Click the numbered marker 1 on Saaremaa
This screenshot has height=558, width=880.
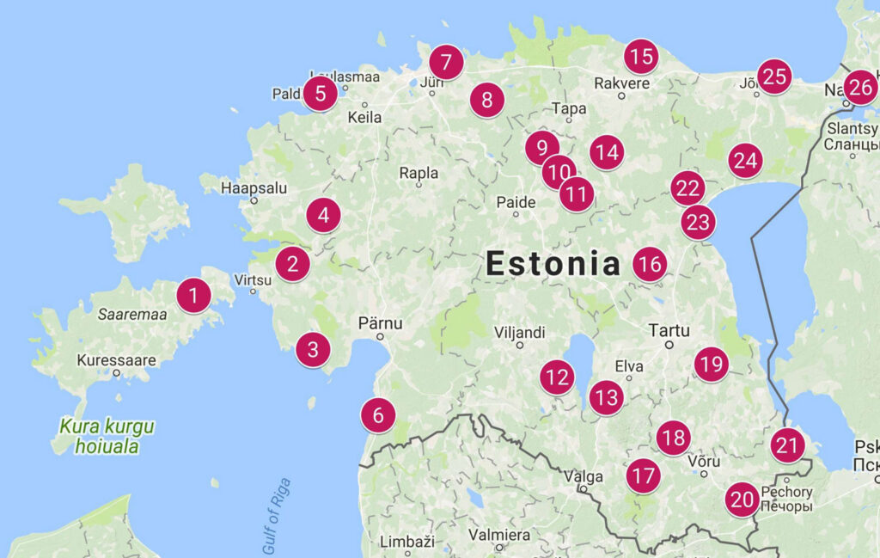(193, 297)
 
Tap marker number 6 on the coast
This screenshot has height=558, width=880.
(378, 416)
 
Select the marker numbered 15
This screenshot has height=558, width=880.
(640, 57)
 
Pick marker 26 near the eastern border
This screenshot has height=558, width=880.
(861, 87)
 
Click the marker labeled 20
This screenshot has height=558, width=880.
(742, 499)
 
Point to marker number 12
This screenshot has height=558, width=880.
(557, 377)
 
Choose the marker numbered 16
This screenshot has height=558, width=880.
(650, 264)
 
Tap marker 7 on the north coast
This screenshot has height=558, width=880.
(446, 62)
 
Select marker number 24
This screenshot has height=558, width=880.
(745, 161)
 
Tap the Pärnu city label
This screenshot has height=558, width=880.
(380, 324)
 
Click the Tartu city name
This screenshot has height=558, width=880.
(669, 330)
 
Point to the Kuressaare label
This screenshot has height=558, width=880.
(116, 359)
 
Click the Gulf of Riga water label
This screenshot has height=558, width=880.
(277, 515)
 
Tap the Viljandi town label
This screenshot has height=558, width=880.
(520, 332)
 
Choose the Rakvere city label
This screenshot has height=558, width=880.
(621, 83)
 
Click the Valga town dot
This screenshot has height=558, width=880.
(584, 489)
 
